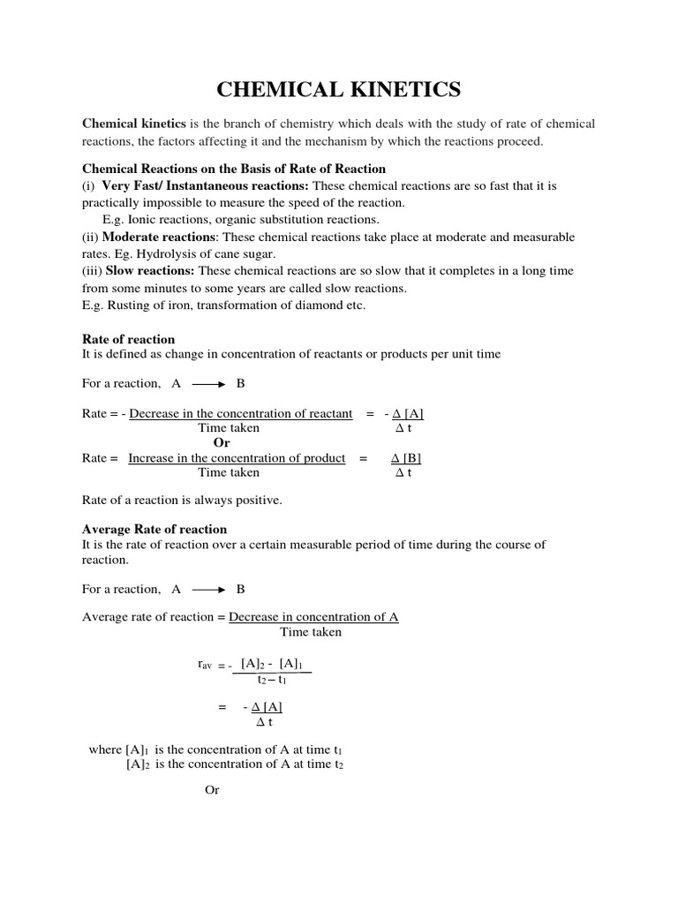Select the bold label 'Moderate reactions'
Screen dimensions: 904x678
tap(156, 237)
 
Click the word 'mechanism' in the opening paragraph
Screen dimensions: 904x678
tap(370, 141)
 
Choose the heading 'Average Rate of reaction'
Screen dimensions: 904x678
tap(154, 529)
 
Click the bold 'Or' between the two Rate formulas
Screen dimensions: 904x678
tap(221, 442)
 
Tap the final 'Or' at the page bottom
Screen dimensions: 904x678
tap(212, 790)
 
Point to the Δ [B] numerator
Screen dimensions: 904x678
tap(405, 458)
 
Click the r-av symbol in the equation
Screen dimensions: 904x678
tap(205, 664)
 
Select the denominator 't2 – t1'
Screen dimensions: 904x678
tap(272, 680)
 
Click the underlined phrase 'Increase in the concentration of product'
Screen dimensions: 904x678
tap(237, 458)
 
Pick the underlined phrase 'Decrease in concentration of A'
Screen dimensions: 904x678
tap(313, 617)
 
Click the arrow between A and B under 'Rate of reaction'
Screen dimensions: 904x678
tap(208, 384)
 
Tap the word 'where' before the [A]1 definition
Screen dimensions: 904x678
tap(105, 750)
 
